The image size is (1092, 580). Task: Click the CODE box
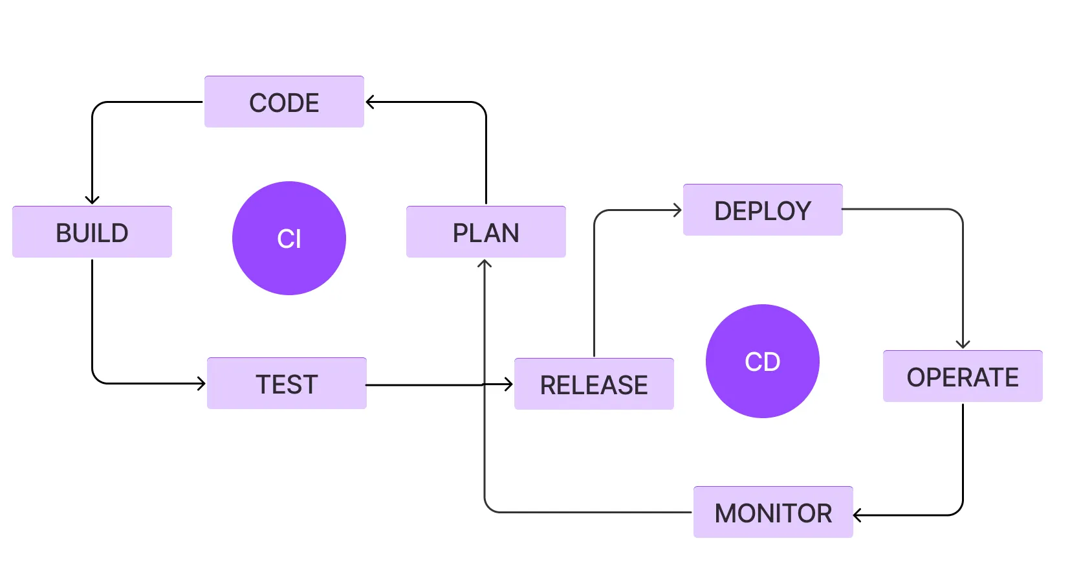tap(284, 102)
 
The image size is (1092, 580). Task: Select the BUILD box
tap(92, 232)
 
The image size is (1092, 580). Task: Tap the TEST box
tap(287, 383)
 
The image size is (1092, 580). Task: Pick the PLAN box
tap(486, 232)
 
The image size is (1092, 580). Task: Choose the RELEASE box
tap(594, 384)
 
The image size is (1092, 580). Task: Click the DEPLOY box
tap(763, 210)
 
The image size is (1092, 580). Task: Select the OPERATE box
tap(963, 376)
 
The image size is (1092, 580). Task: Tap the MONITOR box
tap(773, 512)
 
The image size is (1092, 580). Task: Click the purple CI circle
tap(289, 238)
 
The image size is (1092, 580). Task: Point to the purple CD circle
tap(763, 361)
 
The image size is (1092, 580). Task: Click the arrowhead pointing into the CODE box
tap(369, 102)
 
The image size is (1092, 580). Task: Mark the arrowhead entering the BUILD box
tap(92, 200)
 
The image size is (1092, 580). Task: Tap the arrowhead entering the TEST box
tap(201, 384)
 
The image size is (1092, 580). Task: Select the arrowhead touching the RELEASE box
tap(508, 385)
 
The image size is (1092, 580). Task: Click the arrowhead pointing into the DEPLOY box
tap(678, 210)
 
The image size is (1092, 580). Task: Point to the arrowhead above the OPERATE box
tap(963, 344)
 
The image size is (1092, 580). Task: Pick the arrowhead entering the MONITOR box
tap(858, 515)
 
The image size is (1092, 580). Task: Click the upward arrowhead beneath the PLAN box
tap(485, 263)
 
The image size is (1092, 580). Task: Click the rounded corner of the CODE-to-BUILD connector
tap(98, 107)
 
